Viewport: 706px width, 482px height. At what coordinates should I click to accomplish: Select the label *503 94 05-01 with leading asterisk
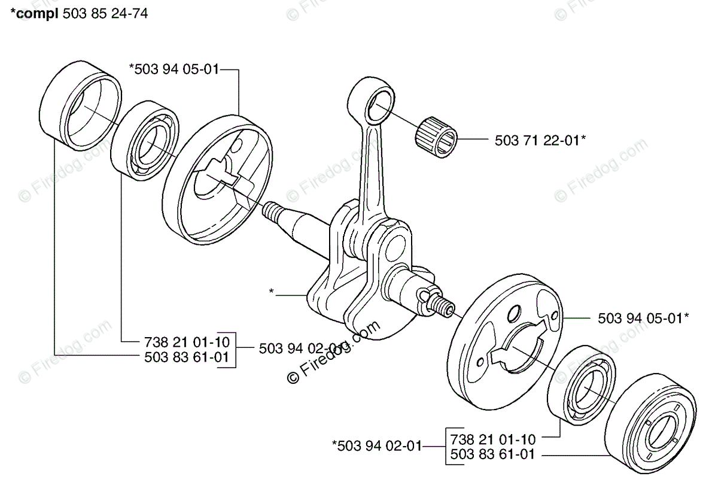click(174, 69)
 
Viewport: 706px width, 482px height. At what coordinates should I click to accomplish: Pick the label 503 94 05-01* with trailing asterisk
click(643, 319)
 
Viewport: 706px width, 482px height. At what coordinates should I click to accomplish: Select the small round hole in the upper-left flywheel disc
click(237, 145)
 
